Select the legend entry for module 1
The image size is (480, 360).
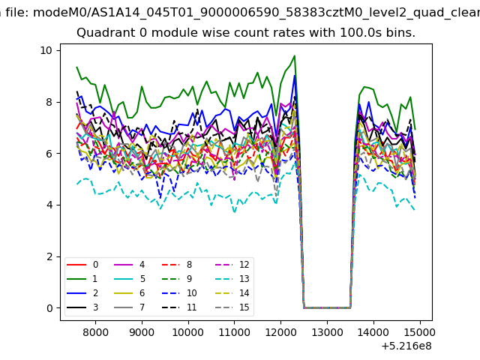click(82, 279)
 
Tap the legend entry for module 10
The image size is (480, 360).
click(179, 293)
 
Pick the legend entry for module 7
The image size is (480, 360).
click(129, 307)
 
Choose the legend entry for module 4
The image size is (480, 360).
click(129, 265)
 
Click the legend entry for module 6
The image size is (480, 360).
click(129, 293)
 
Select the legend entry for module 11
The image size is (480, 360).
click(179, 307)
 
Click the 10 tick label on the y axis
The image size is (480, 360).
click(46, 50)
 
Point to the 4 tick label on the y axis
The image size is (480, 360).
click(49, 205)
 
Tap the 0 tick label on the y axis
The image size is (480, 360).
click(49, 308)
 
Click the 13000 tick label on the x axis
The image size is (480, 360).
click(327, 332)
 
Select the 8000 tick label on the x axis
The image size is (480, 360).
click(95, 332)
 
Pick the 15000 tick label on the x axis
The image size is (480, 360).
click(420, 332)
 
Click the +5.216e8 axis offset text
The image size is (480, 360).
click(406, 346)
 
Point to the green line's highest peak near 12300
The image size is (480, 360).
click(295, 55)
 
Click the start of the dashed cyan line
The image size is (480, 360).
click(77, 184)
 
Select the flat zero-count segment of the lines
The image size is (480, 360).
click(327, 307)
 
